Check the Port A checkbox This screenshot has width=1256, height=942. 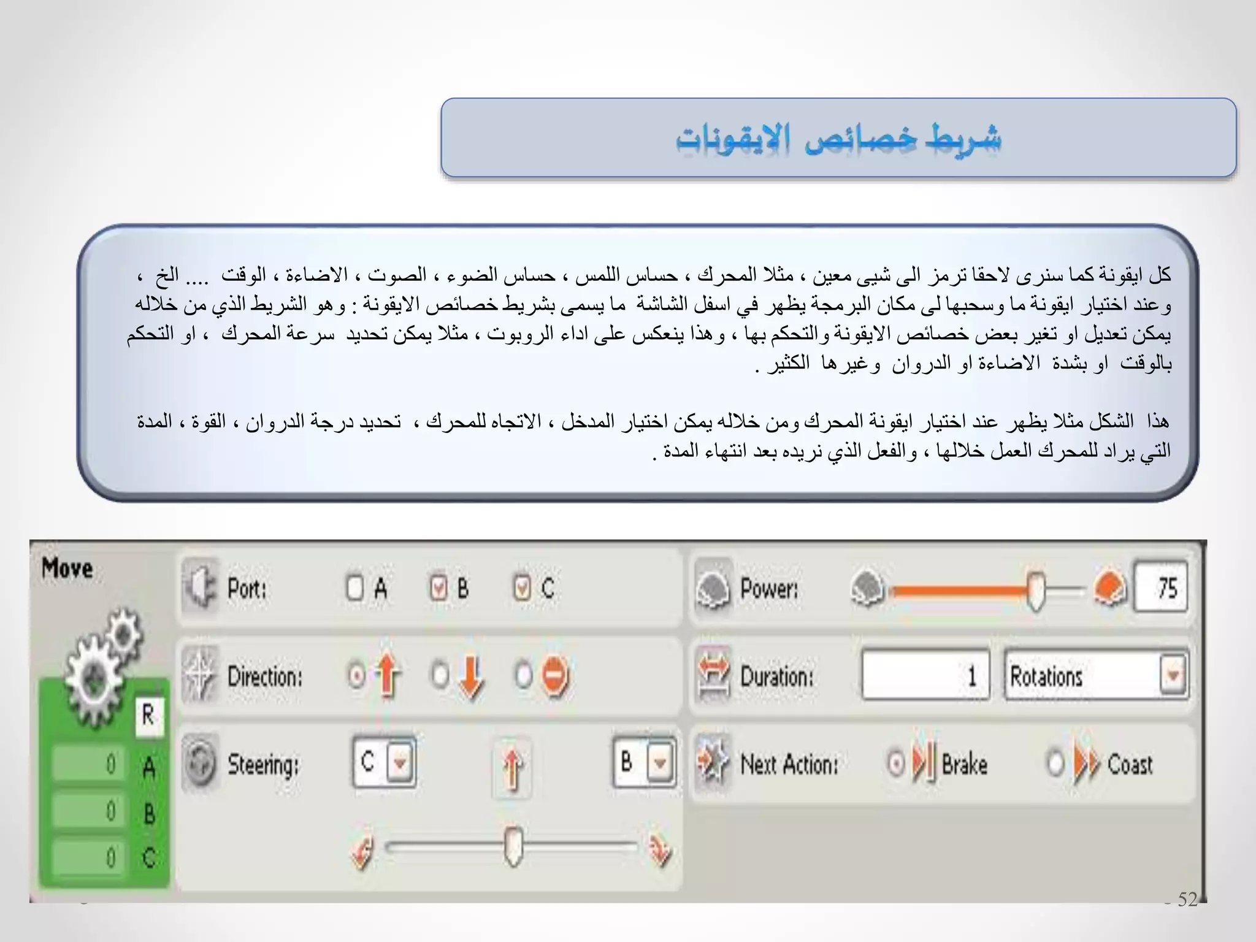[x=354, y=588]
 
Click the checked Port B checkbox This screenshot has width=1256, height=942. [x=438, y=588]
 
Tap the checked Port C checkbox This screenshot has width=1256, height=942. [x=521, y=588]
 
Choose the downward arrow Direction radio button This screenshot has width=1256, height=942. [x=440, y=675]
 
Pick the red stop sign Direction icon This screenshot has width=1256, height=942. [x=556, y=676]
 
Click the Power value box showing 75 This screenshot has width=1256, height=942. [x=1160, y=588]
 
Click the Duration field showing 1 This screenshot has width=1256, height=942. [x=925, y=675]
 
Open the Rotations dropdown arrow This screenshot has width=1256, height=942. [x=1173, y=675]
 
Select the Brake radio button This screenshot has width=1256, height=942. [x=896, y=764]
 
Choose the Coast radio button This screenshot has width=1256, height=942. [x=1055, y=764]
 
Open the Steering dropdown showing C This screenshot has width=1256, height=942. [x=400, y=763]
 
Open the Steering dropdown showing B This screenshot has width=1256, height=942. [x=660, y=763]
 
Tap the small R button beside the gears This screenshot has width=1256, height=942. [x=148, y=715]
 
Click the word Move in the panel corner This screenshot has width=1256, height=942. [x=67, y=568]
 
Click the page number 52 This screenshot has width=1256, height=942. [x=1187, y=899]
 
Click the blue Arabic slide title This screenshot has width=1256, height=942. [x=838, y=139]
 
